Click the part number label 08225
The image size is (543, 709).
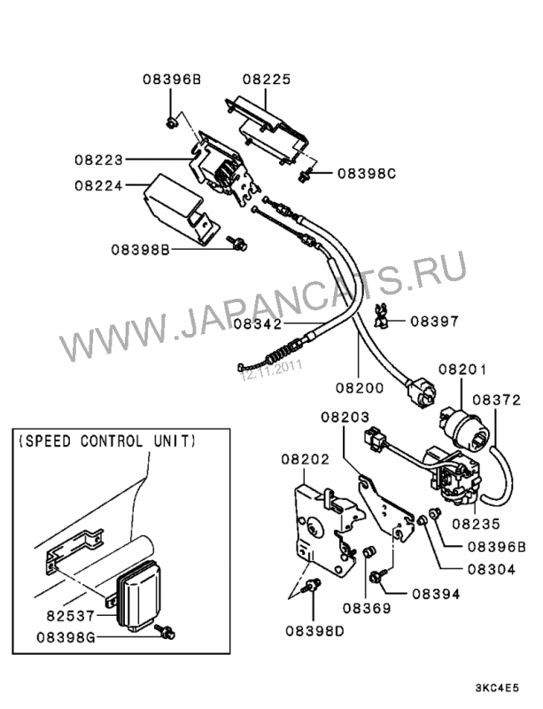click(x=267, y=78)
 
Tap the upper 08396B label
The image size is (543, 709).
click(x=172, y=78)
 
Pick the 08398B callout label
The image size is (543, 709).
click(x=140, y=250)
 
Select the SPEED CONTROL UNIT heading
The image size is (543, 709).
click(x=107, y=440)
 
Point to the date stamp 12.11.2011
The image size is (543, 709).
click(x=271, y=372)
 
